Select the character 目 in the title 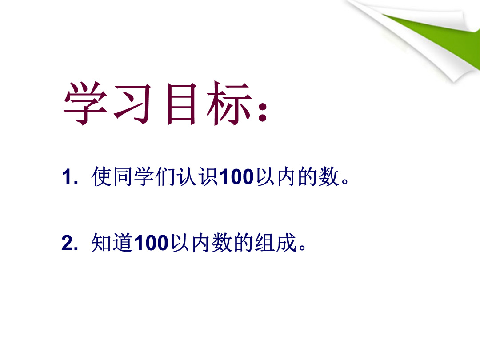point(181,104)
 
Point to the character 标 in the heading point(229,103)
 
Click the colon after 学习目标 point(262,112)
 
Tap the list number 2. point(70,243)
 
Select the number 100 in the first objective point(236,176)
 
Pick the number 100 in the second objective point(151,243)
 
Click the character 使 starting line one point(101,176)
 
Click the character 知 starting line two point(101,243)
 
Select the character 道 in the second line point(123,243)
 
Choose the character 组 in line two point(265,243)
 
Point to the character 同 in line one point(123,176)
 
